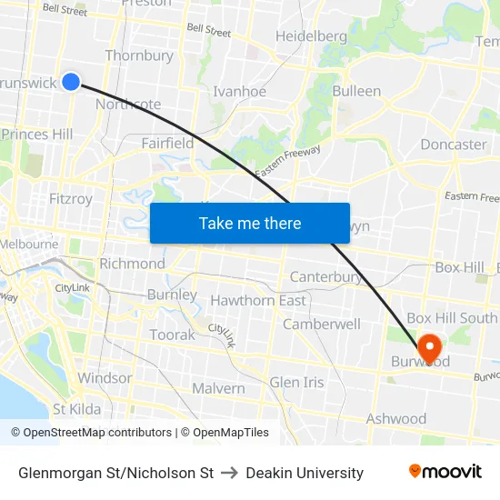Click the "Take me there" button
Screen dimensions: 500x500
(x=250, y=223)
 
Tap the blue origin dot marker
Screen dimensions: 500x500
(x=71, y=82)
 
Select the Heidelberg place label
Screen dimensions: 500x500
(x=311, y=36)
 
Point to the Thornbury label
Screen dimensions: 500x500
(x=139, y=55)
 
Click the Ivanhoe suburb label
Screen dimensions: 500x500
(x=239, y=92)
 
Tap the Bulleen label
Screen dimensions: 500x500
(x=356, y=91)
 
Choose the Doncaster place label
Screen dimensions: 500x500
(x=454, y=145)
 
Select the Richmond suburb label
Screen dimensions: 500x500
(x=132, y=264)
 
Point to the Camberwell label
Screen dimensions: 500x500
(x=322, y=324)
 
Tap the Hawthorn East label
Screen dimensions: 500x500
(x=258, y=300)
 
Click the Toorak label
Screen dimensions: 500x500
(x=172, y=335)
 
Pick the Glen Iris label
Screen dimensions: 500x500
(x=296, y=382)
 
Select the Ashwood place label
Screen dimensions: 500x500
(x=395, y=419)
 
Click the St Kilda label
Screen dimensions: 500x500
(x=77, y=409)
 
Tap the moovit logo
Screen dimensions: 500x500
(x=445, y=472)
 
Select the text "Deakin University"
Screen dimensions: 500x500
(x=305, y=473)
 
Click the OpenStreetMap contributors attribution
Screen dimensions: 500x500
(x=91, y=433)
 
